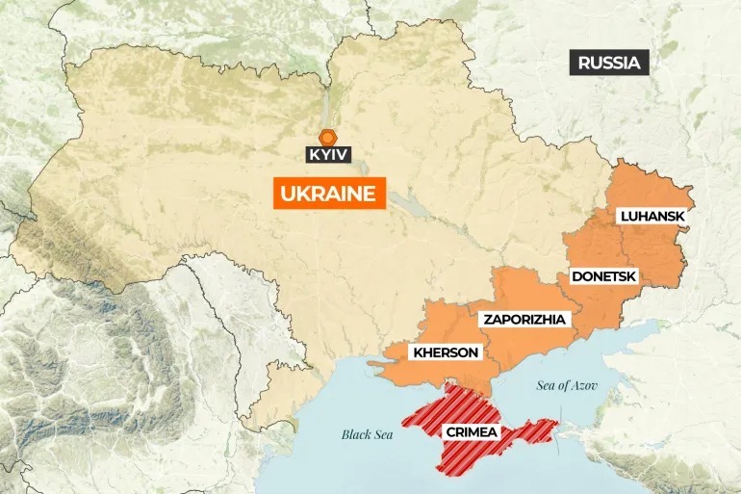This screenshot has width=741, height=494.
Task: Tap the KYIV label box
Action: click(x=328, y=153)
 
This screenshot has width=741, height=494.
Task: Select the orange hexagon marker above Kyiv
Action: click(x=328, y=136)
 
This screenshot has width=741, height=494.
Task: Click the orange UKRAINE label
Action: click(x=327, y=194)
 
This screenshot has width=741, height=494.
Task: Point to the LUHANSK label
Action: click(x=652, y=217)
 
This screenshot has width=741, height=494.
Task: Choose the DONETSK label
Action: click(x=604, y=276)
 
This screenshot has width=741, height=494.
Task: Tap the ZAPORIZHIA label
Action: click(x=525, y=319)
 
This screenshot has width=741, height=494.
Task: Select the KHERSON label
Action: click(x=446, y=352)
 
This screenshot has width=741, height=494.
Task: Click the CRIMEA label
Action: click(x=472, y=432)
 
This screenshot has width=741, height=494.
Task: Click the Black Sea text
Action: click(x=369, y=434)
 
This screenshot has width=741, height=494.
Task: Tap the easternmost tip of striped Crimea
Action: click(x=557, y=422)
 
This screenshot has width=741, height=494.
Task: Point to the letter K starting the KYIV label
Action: click(x=315, y=153)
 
